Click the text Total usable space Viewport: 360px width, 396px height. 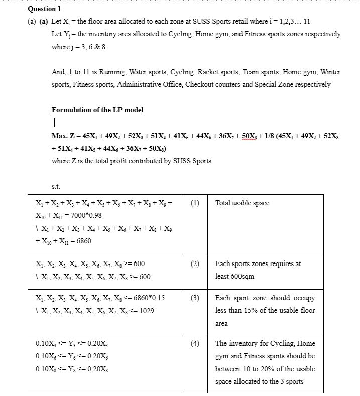242,203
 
